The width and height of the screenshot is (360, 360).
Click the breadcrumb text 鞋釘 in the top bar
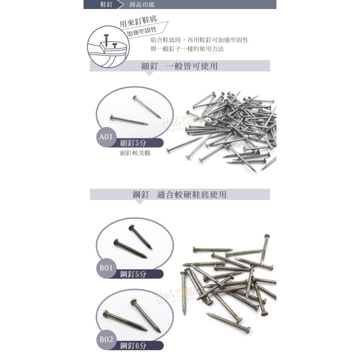click(x=106, y=5)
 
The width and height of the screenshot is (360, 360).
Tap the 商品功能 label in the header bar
click(x=142, y=5)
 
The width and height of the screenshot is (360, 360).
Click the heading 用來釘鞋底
click(x=138, y=23)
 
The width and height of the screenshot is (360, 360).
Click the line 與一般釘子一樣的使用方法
click(x=187, y=49)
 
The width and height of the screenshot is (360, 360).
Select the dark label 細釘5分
click(x=134, y=143)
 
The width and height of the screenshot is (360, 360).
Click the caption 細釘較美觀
click(x=135, y=153)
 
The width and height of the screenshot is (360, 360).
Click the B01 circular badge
click(x=106, y=268)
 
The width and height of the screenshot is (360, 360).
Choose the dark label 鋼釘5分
click(x=134, y=274)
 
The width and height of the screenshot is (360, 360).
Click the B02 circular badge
click(x=106, y=339)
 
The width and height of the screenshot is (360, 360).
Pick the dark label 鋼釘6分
click(x=134, y=346)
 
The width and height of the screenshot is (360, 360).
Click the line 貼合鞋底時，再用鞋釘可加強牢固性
click(x=199, y=40)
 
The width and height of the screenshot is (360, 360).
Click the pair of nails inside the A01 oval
click(x=135, y=112)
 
